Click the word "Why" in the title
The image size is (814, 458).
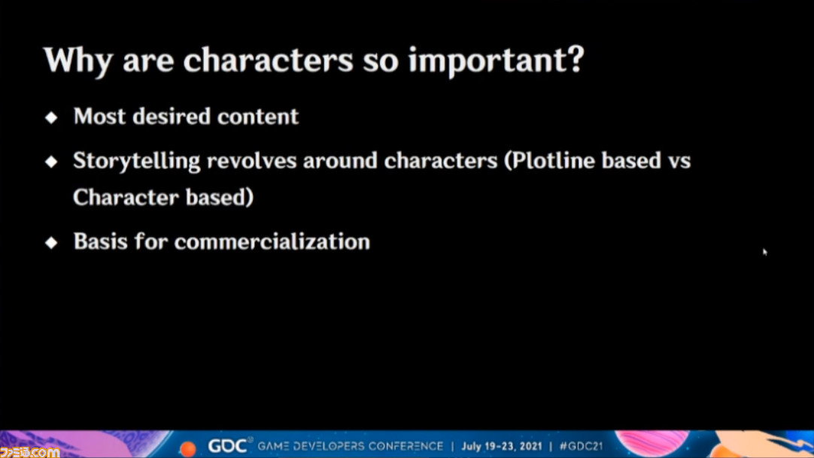point(78,61)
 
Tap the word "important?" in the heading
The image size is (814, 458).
point(497,61)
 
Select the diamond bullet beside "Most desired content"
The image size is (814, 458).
point(51,117)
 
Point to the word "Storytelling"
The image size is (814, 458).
point(136,162)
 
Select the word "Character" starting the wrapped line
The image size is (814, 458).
point(125,198)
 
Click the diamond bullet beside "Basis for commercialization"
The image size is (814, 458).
point(51,242)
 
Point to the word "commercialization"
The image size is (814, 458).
point(272,241)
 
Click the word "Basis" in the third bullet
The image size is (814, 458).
point(100,241)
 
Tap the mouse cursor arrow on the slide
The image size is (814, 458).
point(764,252)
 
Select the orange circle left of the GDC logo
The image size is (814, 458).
point(188,448)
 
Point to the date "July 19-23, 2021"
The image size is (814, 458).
point(502,446)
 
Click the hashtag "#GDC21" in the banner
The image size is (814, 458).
point(581,446)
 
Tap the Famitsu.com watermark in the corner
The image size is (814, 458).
point(29,452)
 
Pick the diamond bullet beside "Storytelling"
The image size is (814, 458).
point(51,162)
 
